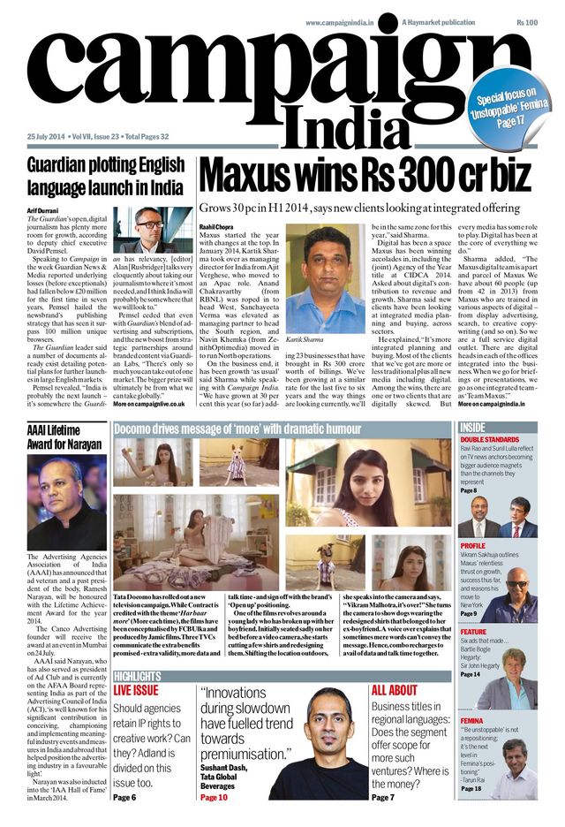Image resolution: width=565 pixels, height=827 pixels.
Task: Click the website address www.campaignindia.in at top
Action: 349,21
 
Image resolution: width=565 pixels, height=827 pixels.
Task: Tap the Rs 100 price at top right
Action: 527,21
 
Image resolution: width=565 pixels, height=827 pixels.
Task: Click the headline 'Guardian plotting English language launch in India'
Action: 105,176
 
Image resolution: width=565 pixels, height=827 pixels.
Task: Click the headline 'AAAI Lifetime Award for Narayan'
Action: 64,437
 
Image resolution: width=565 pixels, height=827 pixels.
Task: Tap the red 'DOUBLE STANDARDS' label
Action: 490,440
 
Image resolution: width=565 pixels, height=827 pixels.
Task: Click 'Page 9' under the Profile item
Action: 469,613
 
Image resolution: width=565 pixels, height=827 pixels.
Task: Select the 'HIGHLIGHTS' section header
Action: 137,677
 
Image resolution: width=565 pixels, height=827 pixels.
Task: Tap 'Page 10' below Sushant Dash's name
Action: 214,797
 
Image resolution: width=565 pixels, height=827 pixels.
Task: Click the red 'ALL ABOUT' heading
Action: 395,691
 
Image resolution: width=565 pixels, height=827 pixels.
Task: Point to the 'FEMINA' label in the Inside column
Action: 471,721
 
